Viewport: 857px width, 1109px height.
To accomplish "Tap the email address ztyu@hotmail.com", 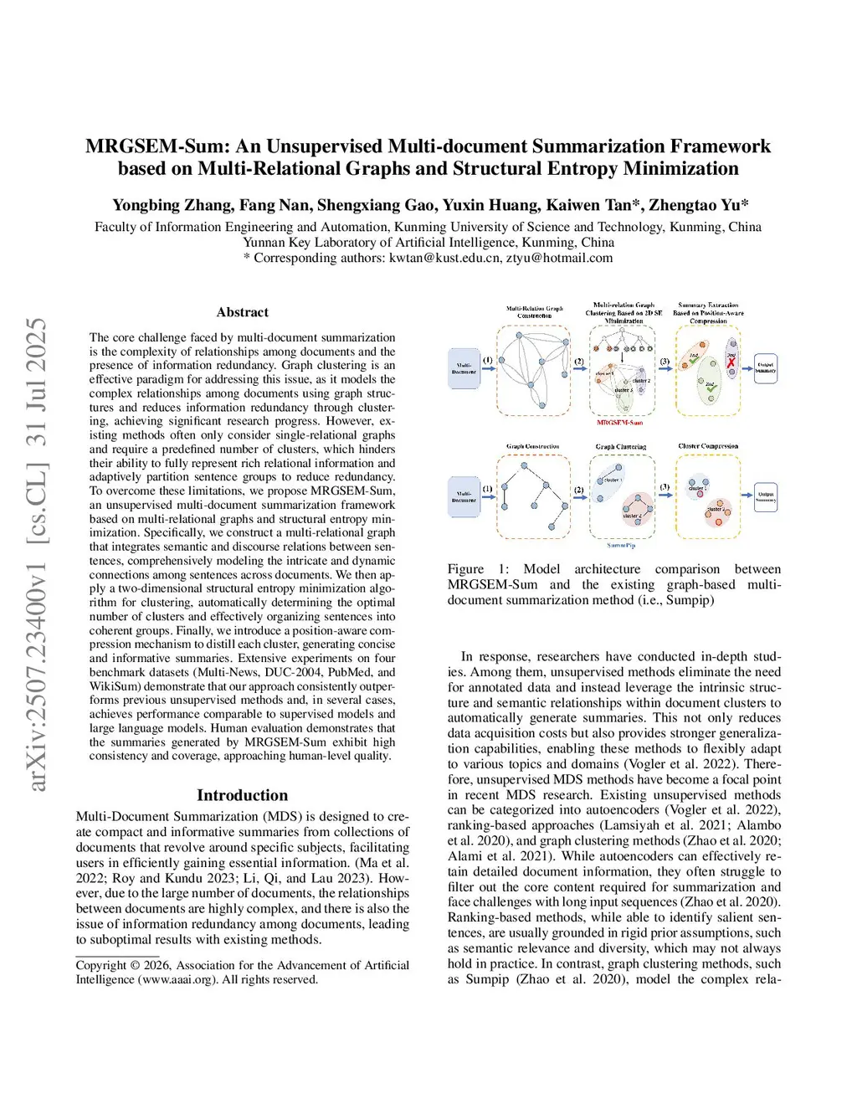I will pyautogui.click(x=559, y=258).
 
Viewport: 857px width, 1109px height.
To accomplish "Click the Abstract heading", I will pyautogui.click(x=243, y=312).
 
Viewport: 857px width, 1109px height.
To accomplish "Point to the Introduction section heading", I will pyautogui.click(x=242, y=795).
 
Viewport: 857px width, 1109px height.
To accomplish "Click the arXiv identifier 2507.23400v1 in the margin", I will pyautogui.click(x=36, y=636).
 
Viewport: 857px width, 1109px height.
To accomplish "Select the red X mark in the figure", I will pyautogui.click(x=731, y=362).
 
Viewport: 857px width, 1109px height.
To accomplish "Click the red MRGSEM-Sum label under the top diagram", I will pyautogui.click(x=619, y=423).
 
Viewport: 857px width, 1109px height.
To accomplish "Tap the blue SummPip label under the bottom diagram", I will pyautogui.click(x=621, y=546).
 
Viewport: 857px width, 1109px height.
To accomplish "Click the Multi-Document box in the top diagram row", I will pyautogui.click(x=464, y=367).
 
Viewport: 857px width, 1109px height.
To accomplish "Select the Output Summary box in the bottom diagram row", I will pyautogui.click(x=766, y=497).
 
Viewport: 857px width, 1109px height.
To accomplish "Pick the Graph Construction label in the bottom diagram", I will pyautogui.click(x=533, y=447).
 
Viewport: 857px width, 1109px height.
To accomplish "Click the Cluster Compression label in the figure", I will pyautogui.click(x=708, y=447).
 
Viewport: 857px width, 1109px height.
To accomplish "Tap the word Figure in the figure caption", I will pyautogui.click(x=465, y=569).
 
